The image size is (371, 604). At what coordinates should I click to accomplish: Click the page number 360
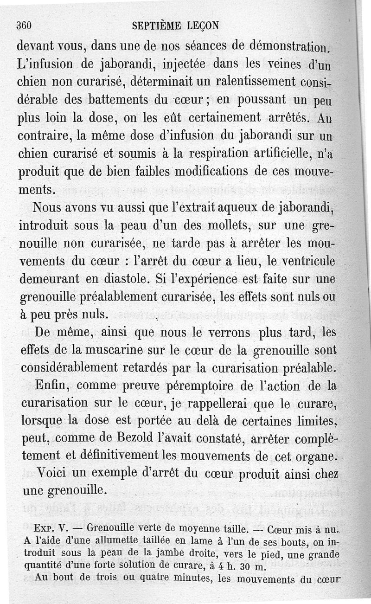(24, 26)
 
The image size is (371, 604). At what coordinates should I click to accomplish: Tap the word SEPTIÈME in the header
(155, 26)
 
